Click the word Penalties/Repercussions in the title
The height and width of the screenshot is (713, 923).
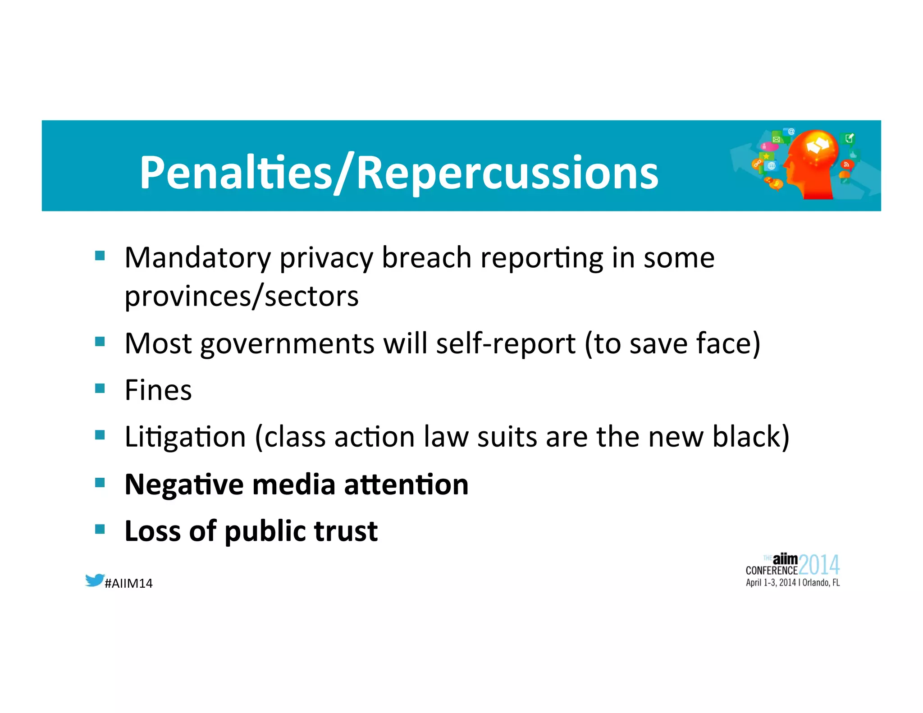pyautogui.click(x=398, y=173)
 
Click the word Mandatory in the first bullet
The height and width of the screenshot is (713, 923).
pyautogui.click(x=197, y=258)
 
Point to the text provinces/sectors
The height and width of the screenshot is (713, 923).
pyautogui.click(x=242, y=297)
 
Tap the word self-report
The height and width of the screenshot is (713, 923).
pyautogui.click(x=506, y=344)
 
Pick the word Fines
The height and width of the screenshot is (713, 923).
pyautogui.click(x=158, y=390)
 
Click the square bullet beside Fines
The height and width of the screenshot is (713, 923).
pyautogui.click(x=100, y=388)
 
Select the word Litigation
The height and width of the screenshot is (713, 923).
pyautogui.click(x=185, y=438)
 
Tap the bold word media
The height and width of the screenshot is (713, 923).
pyautogui.click(x=293, y=485)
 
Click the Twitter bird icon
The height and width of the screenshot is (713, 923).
pyautogui.click(x=95, y=580)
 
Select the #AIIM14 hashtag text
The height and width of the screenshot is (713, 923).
pyautogui.click(x=128, y=584)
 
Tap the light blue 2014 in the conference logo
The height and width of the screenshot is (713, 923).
pyautogui.click(x=819, y=565)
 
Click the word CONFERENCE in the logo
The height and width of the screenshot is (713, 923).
pyautogui.click(x=771, y=571)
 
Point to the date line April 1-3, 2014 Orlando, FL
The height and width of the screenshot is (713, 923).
pyautogui.click(x=792, y=583)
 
